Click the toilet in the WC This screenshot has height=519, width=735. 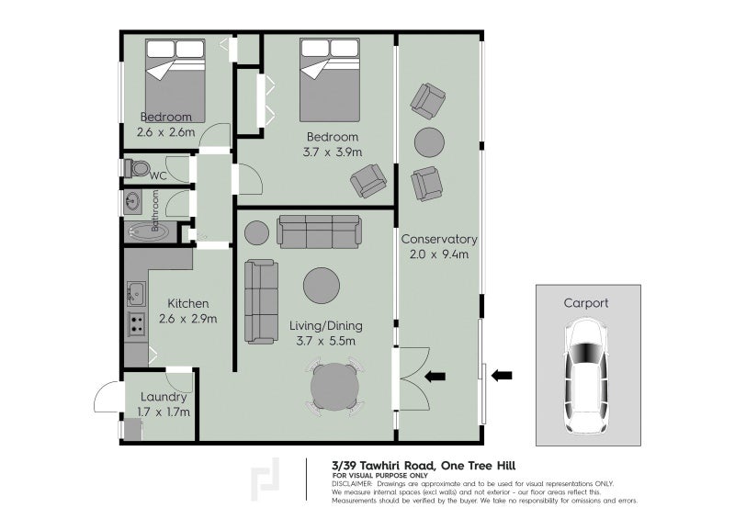click(136, 168)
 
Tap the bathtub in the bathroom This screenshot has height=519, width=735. click(148, 232)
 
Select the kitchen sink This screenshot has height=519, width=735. click(136, 294)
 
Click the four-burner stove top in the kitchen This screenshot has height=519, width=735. click(136, 324)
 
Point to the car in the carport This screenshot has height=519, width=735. click(586, 376)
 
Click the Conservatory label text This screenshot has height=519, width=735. click(439, 239)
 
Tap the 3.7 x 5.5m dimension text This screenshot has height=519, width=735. click(326, 341)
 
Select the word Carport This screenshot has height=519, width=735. click(586, 303)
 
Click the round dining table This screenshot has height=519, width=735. click(334, 388)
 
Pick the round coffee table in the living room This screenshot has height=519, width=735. click(321, 286)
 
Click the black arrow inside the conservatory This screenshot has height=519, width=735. click(435, 376)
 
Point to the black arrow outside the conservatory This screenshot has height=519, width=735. click(502, 375)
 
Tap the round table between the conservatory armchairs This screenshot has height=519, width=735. click(429, 142)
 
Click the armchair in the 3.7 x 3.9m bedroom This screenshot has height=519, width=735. click(368, 180)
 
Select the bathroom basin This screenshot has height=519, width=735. click(132, 202)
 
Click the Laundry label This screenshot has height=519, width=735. click(164, 397)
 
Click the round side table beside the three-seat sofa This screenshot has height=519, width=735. click(257, 232)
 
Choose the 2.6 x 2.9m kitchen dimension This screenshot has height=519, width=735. click(188, 319)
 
